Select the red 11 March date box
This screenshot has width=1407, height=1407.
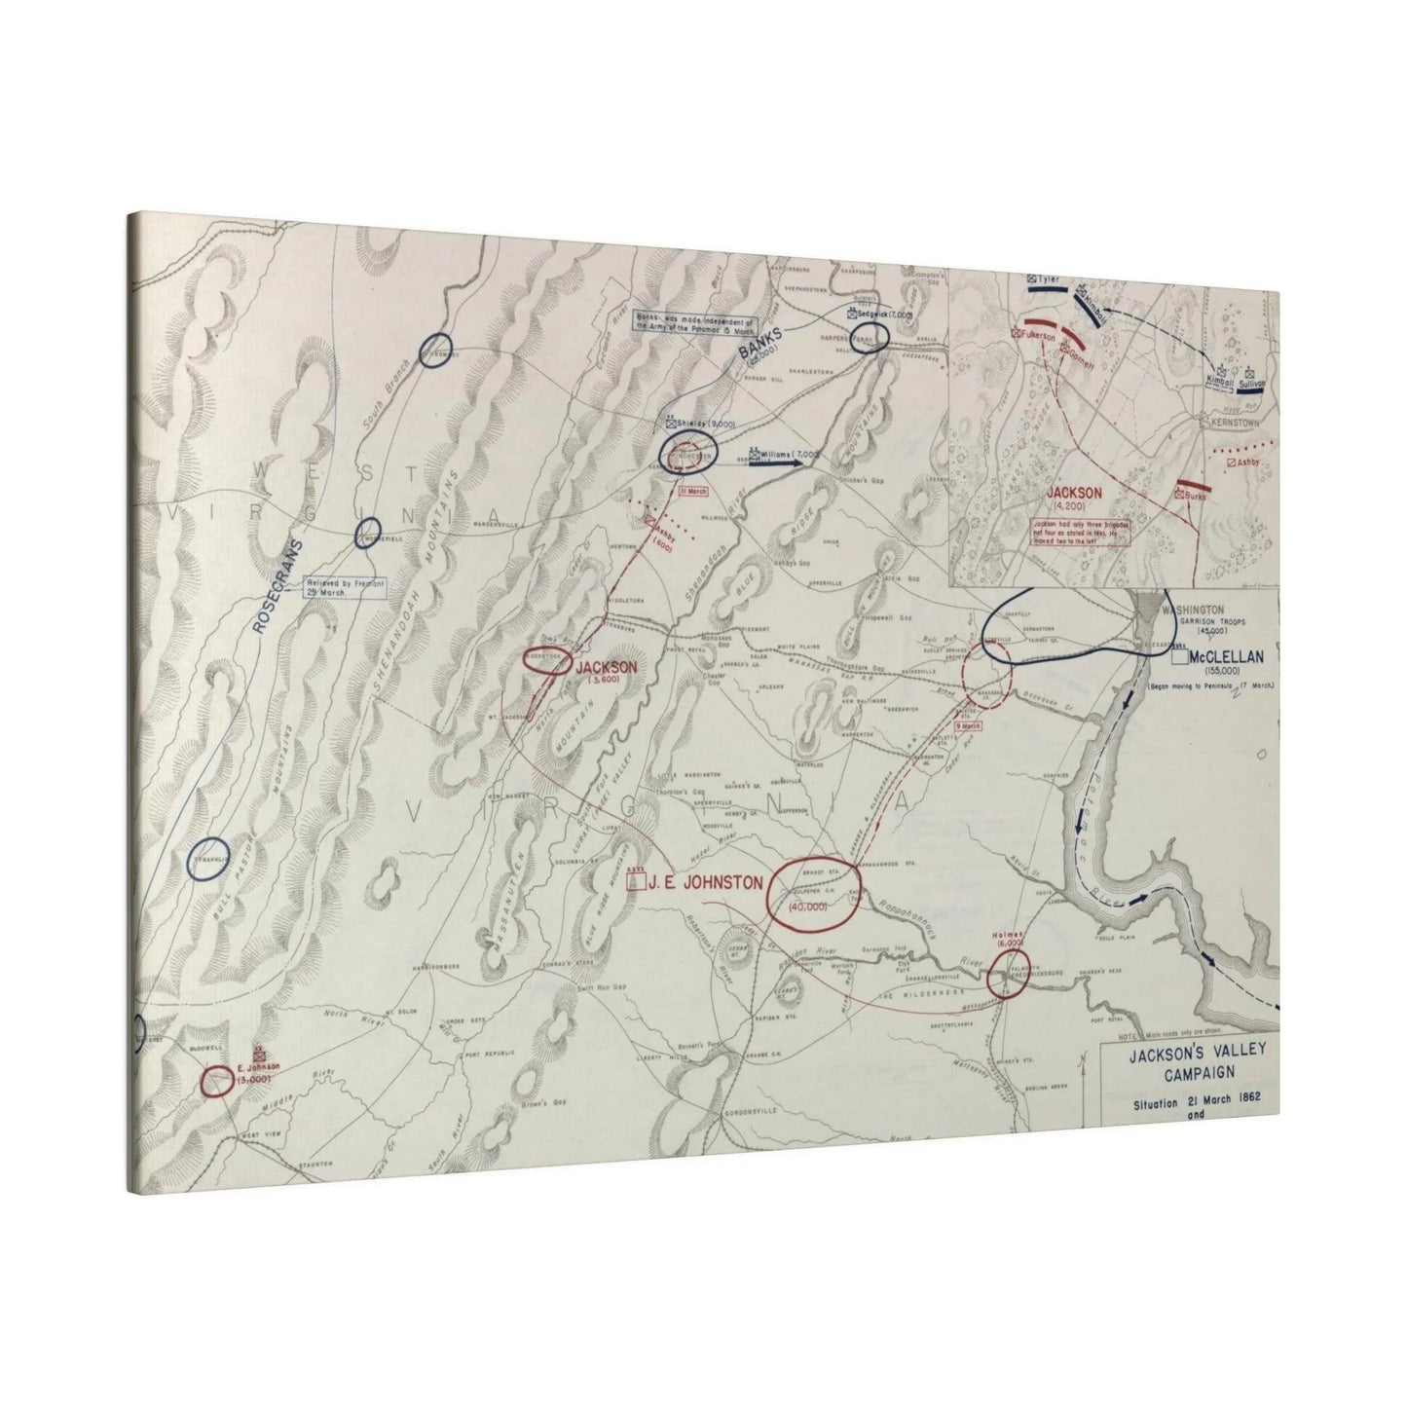(x=693, y=490)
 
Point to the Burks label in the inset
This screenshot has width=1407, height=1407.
(x=1197, y=496)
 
